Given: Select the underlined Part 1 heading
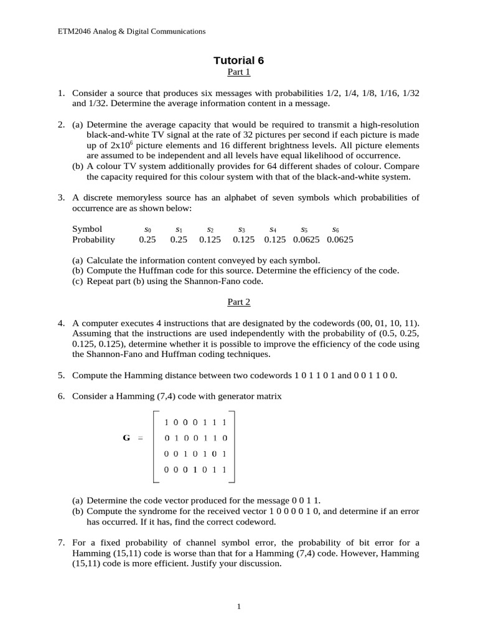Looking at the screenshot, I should pos(238,72).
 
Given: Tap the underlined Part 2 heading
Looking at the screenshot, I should pos(238,302).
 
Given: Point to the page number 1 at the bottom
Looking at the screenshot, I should pos(238,607).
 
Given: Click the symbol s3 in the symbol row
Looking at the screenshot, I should pos(242,229).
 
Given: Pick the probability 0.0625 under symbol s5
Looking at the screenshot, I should pos(306,240).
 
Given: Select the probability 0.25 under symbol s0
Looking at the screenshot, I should pos(148,240).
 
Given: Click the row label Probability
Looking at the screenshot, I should pos(93,240).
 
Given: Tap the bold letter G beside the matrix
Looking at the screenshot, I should pos(126,438).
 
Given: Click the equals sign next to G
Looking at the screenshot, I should pos(140,438).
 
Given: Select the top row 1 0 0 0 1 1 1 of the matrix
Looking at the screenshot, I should pos(195,422).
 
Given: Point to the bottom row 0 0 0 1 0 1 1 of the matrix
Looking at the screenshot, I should pos(195,469).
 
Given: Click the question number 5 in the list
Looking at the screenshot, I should pos(62,376).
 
